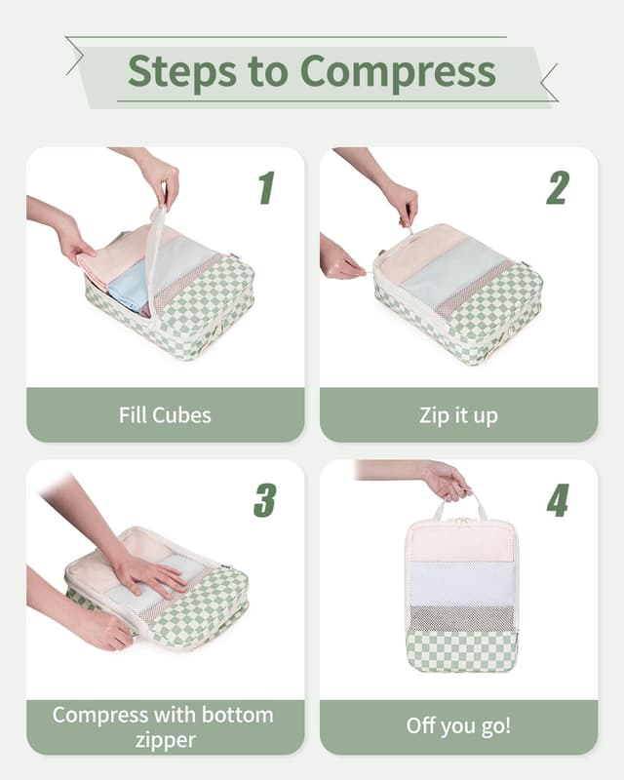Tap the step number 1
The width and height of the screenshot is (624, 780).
coord(266,187)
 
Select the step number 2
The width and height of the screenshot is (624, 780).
coord(557,187)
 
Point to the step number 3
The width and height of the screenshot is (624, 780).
coord(264,499)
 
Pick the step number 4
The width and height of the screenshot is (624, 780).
coord(558,499)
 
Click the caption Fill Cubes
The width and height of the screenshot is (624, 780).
coord(165,415)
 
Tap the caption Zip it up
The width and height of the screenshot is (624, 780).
coord(458,415)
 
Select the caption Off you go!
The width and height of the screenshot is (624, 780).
coord(458,727)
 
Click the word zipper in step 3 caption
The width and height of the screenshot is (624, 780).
coord(165,741)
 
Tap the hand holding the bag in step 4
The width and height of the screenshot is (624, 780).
coord(447,481)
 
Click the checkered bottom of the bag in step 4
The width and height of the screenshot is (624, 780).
coord(461,650)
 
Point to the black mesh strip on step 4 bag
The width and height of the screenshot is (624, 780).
coord(461,617)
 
